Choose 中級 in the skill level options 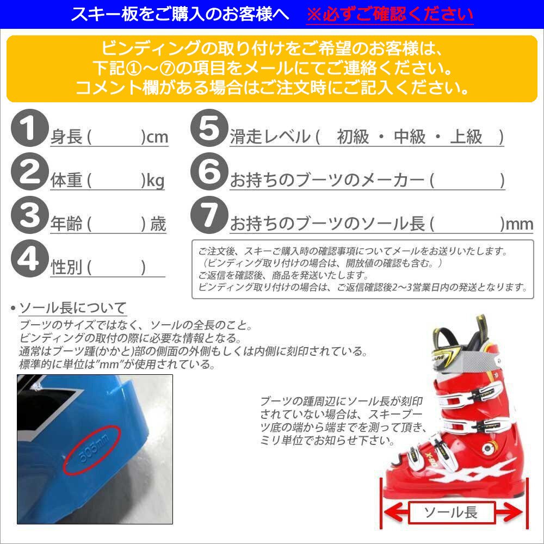coord(409,137)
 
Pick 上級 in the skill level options coord(466,137)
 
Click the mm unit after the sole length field coord(520,224)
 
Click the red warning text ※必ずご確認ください coord(389,14)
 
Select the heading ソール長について coord(72,308)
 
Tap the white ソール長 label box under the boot coord(450,512)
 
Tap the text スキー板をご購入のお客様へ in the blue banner coord(180,14)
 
